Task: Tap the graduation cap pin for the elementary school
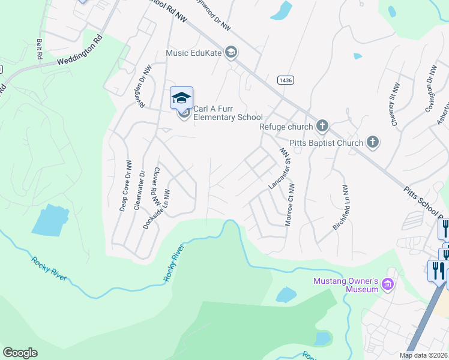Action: click(181, 97)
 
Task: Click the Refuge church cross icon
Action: click(322, 126)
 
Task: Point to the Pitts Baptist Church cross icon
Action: click(373, 142)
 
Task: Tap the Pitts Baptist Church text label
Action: click(326, 143)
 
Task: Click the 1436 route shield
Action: click(285, 80)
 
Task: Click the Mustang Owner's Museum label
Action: click(346, 285)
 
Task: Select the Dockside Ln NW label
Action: click(157, 209)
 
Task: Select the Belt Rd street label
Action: click(39, 49)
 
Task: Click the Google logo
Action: click(20, 353)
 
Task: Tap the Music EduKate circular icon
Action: click(231, 53)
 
